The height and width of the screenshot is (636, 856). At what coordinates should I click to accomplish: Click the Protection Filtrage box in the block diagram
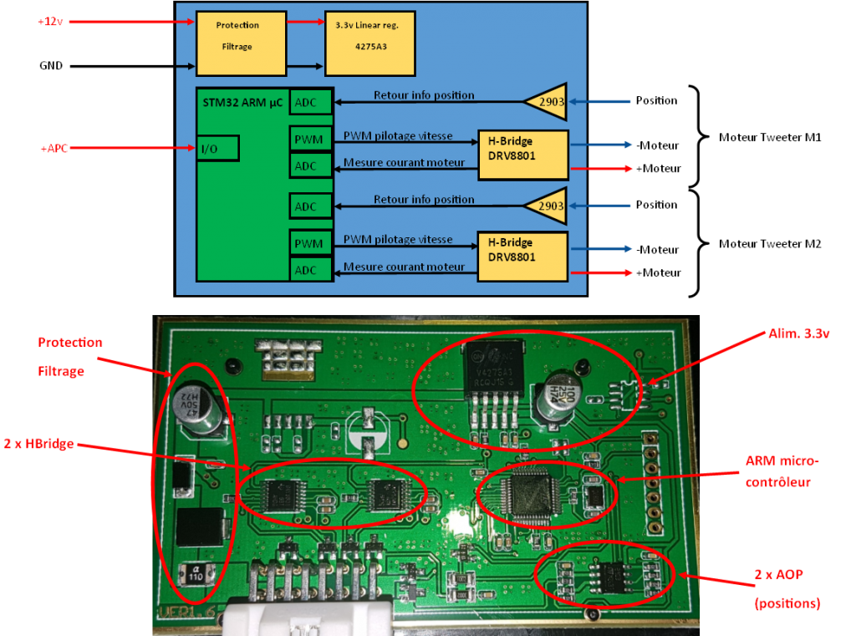241,43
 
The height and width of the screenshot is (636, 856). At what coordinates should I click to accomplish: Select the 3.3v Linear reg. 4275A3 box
370,43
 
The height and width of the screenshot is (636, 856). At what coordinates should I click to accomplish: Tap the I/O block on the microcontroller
218,148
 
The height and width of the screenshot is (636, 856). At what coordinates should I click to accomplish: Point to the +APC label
54,149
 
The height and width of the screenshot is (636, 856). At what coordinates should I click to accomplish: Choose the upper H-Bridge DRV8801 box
522,155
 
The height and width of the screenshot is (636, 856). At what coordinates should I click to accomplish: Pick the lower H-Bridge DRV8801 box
522,257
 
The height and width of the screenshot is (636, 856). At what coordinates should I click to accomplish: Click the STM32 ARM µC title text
242,102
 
